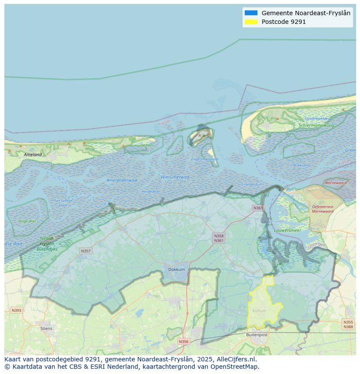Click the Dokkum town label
click(x=176, y=269)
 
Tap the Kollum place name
click(x=259, y=311)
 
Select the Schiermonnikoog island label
click(x=316, y=126)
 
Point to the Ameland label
click(x=33, y=154)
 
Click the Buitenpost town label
click(x=257, y=334)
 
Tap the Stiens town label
click(x=46, y=328)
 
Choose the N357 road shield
click(x=86, y=251)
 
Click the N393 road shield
click(x=16, y=310)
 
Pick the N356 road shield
click(x=183, y=341)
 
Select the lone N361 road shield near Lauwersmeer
click(x=258, y=208)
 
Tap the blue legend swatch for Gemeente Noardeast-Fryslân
click(x=251, y=13)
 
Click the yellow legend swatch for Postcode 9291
click(x=251, y=22)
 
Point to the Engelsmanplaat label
click(x=204, y=159)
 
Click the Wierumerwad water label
click(x=175, y=177)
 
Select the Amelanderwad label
click(x=122, y=180)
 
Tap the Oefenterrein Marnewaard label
click(x=323, y=209)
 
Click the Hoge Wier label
click(x=27, y=221)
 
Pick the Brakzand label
click(x=301, y=165)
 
